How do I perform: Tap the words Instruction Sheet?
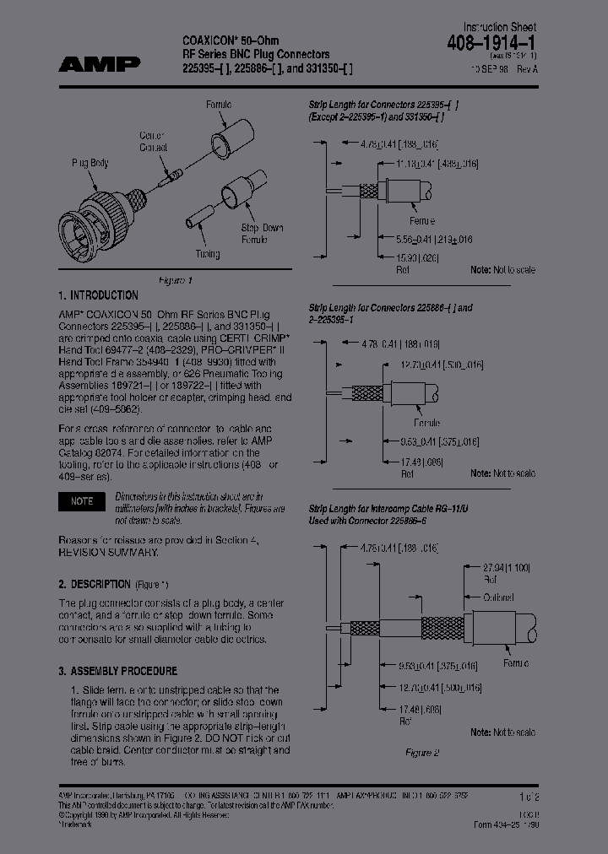click(499, 27)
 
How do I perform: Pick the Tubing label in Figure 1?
click(207, 254)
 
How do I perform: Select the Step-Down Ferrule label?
click(262, 234)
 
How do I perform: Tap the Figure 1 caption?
click(176, 280)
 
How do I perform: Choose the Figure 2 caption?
click(423, 752)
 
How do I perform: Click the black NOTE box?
click(82, 501)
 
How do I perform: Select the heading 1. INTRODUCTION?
click(98, 295)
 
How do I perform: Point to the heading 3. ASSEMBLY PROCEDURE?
click(117, 671)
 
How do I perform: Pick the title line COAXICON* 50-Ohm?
click(230, 41)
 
